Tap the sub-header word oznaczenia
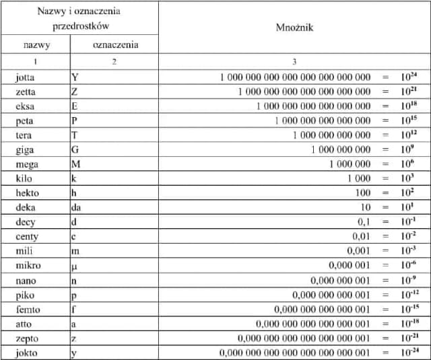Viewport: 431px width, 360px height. pos(114,45)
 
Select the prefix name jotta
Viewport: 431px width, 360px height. pos(26,77)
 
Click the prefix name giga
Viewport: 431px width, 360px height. pos(25,149)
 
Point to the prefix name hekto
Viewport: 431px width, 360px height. pos(28,193)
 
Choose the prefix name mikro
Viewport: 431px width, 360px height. pos(28,266)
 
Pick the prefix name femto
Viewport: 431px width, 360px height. pos(28,310)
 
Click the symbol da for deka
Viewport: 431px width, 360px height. pos(76,208)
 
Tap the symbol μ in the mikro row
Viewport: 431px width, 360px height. pos(74,266)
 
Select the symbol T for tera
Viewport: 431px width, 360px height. pos(74,135)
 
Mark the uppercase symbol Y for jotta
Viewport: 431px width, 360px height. pos(74,77)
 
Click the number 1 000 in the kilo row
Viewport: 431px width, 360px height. pos(359,178)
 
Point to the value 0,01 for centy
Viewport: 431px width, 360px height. pos(362,237)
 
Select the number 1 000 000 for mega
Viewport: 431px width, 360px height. pos(350,164)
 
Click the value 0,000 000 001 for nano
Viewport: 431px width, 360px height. pos(340,281)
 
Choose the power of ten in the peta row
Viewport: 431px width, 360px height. pos(410,120)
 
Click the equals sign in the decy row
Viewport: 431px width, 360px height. pos(385,222)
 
